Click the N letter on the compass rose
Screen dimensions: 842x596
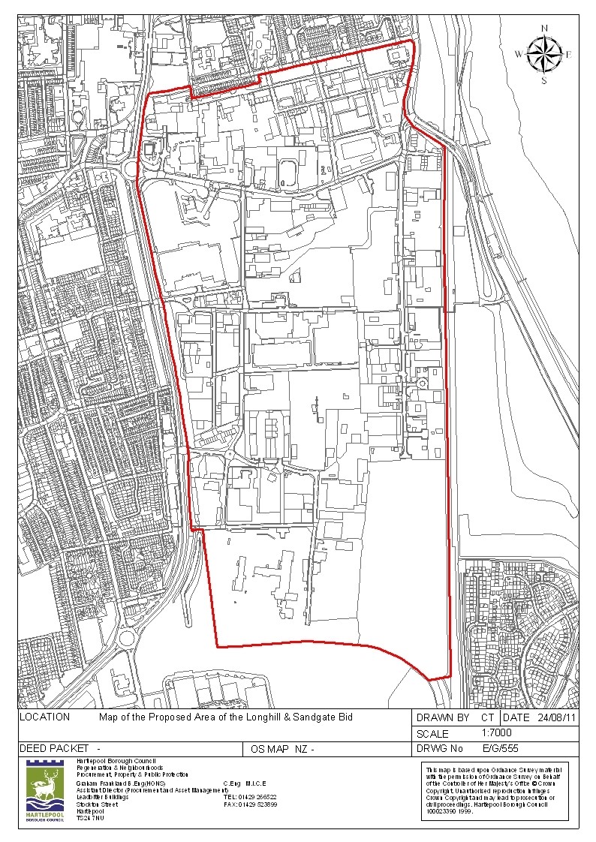(544, 29)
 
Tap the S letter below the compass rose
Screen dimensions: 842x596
(544, 80)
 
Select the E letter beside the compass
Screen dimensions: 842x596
(569, 54)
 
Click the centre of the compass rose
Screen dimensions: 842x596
(544, 54)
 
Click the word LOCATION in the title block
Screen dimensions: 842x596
(45, 717)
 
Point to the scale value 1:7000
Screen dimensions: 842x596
(496, 732)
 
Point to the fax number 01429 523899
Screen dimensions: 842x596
(257, 804)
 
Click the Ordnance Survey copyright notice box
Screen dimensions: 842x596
(496, 791)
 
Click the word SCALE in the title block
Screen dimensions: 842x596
(432, 734)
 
